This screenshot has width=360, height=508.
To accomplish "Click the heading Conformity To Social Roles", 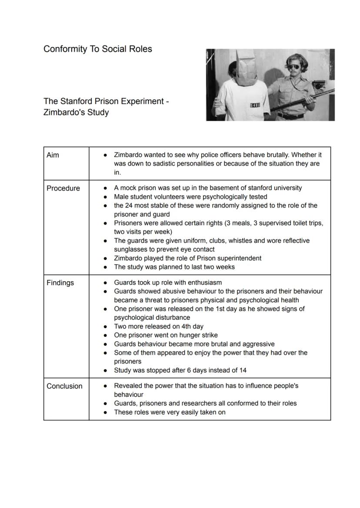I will (97, 49).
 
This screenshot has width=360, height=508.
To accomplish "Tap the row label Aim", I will (53, 155).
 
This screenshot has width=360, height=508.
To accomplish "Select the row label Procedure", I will (63, 188).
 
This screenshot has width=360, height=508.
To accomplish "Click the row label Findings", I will (60, 283).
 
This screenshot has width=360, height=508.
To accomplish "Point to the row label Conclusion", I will (64, 386).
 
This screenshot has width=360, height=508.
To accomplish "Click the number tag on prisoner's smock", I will (255, 106).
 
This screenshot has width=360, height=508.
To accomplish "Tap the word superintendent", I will (239, 258).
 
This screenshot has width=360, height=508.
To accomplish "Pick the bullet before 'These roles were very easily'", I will (105, 412).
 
